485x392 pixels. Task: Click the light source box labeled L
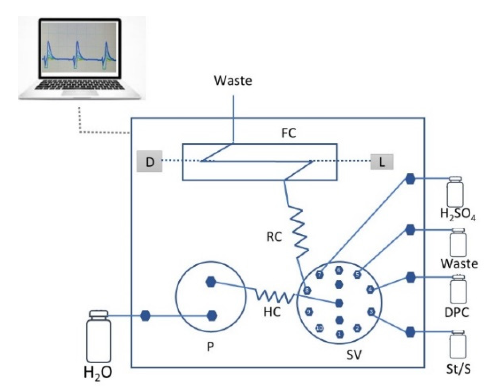(382, 162)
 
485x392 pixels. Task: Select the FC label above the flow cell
(288, 133)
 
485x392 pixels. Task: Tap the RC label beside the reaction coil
(274, 237)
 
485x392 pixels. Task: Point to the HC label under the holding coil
(272, 312)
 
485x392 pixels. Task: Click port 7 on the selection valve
(320, 275)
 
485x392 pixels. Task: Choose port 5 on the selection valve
(357, 275)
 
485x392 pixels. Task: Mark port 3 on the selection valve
(371, 311)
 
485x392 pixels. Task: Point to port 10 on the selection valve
(320, 328)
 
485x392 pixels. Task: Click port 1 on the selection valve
(340, 334)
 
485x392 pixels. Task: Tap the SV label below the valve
(354, 355)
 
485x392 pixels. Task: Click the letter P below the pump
(210, 347)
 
